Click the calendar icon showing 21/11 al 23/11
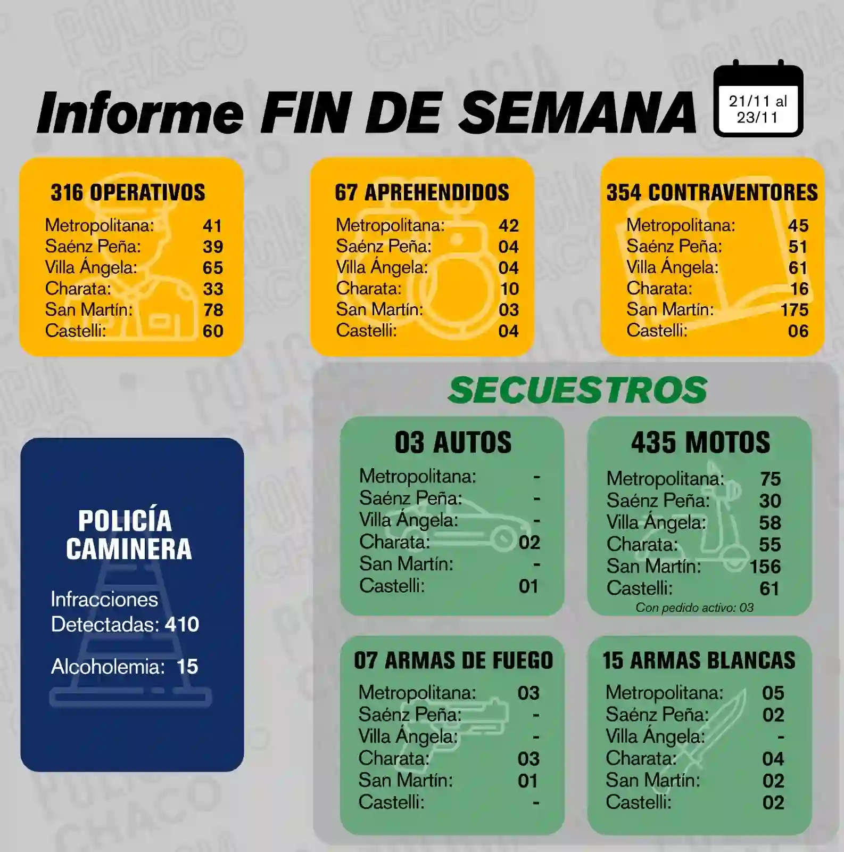758,101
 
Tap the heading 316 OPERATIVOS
128,193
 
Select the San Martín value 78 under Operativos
213,310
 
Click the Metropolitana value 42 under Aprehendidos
508,226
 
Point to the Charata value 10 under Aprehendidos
509,289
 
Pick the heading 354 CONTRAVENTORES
712,193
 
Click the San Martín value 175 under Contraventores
794,310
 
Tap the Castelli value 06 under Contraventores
798,331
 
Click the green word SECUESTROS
577,390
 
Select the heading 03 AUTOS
453,443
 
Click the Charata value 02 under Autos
529,543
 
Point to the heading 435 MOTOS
700,443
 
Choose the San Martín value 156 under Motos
765,567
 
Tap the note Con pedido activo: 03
694,608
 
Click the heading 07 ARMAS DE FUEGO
453,661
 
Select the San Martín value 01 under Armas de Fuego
528,781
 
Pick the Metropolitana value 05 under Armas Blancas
773,693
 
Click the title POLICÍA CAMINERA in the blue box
128,535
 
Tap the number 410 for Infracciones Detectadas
182,624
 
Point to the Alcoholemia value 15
187,667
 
